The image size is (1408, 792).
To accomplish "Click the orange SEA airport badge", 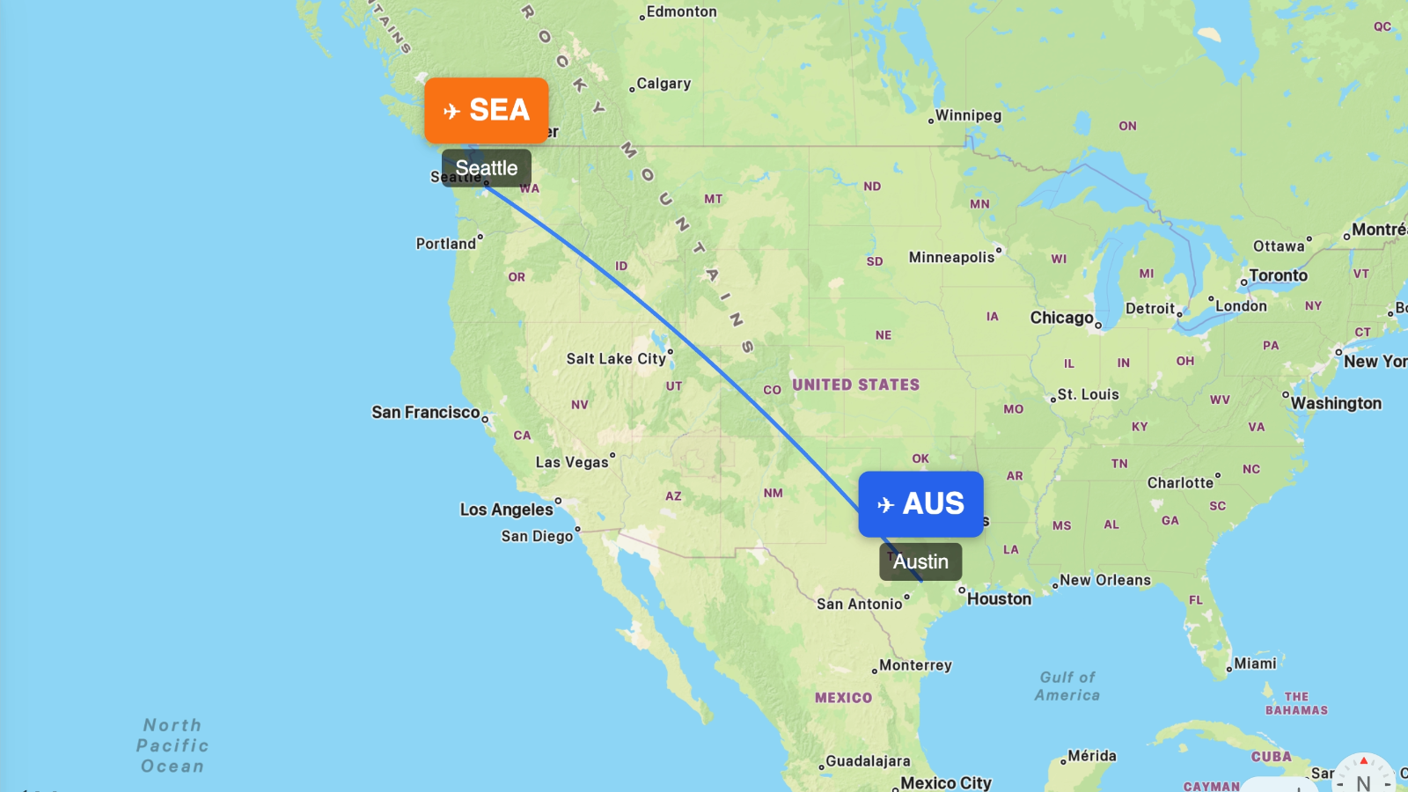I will (487, 110).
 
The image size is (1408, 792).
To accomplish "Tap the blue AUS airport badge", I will (920, 504).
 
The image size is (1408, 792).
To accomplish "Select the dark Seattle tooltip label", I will (487, 168).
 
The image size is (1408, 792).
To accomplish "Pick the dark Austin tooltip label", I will (920, 561).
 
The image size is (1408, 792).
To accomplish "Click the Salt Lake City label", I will (616, 359).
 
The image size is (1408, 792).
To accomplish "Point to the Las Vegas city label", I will (572, 463).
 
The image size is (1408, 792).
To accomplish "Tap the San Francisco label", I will (426, 413).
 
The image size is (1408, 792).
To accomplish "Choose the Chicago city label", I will (1062, 318).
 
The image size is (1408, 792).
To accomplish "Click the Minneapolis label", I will (951, 258).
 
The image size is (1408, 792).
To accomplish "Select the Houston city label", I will (999, 599).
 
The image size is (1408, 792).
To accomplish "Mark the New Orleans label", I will (1105, 581).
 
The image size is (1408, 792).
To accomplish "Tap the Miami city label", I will (1255, 664).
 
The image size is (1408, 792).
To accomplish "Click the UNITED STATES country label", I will (855, 385).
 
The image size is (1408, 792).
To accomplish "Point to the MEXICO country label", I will (843, 698).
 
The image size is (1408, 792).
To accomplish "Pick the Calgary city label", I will (664, 84).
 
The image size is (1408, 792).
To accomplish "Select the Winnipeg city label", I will (968, 115).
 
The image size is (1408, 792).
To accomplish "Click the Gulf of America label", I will (1067, 686).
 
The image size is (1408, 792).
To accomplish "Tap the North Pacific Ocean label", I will (172, 745).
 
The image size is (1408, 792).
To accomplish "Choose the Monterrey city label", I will (915, 665).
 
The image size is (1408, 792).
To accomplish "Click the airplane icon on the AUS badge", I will (885, 505).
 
